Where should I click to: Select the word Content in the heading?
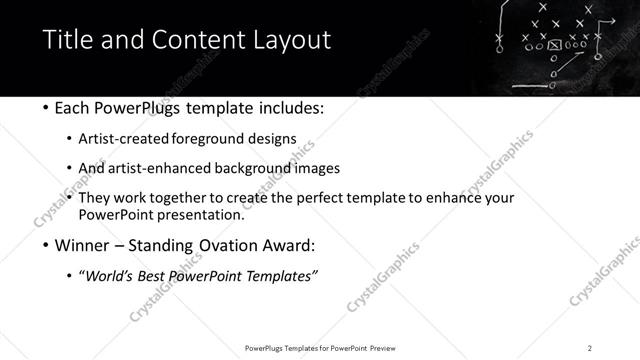pos(197,41)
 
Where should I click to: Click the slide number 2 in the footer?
pos(589,347)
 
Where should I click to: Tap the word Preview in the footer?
pos(385,347)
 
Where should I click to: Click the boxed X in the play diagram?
pos(554,45)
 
